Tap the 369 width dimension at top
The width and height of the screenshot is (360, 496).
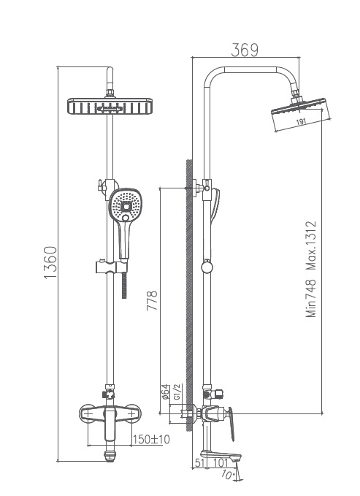(x=245, y=50)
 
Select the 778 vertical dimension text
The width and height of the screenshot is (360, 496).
(x=153, y=300)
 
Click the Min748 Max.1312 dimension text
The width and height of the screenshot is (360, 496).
(x=312, y=270)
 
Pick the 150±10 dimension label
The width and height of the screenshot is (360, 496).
(x=151, y=439)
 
